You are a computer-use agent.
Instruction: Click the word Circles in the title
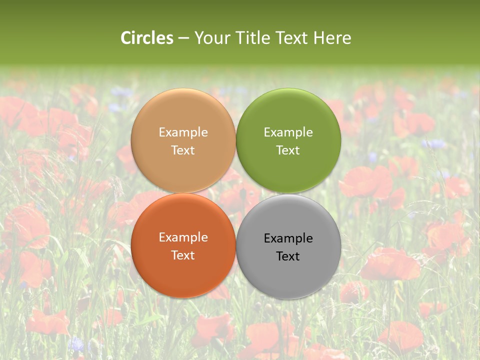(x=147, y=38)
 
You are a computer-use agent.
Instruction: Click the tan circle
(x=183, y=115)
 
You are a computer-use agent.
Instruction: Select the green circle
(x=288, y=115)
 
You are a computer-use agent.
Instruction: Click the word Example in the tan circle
(x=183, y=132)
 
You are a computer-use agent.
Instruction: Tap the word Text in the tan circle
(x=183, y=150)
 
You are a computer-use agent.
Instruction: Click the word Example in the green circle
(x=288, y=132)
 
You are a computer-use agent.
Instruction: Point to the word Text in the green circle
(x=288, y=150)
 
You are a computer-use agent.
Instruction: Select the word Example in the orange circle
(x=183, y=237)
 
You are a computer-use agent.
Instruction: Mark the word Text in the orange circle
(x=183, y=255)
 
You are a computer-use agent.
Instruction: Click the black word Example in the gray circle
(x=288, y=238)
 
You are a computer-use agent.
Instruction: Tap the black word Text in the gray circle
(x=288, y=256)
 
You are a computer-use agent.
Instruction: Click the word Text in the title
(x=292, y=38)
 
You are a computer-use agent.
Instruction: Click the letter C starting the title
(x=125, y=38)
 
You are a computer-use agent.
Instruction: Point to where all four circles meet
(x=235, y=193)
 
